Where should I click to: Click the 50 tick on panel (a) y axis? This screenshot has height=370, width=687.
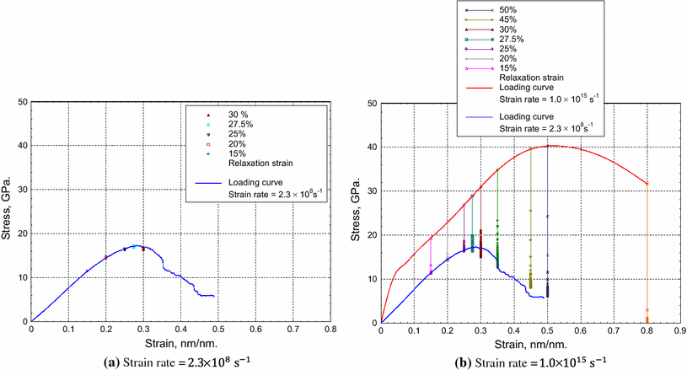coord(19,102)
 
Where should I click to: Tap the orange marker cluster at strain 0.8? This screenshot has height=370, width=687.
coord(647,316)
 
